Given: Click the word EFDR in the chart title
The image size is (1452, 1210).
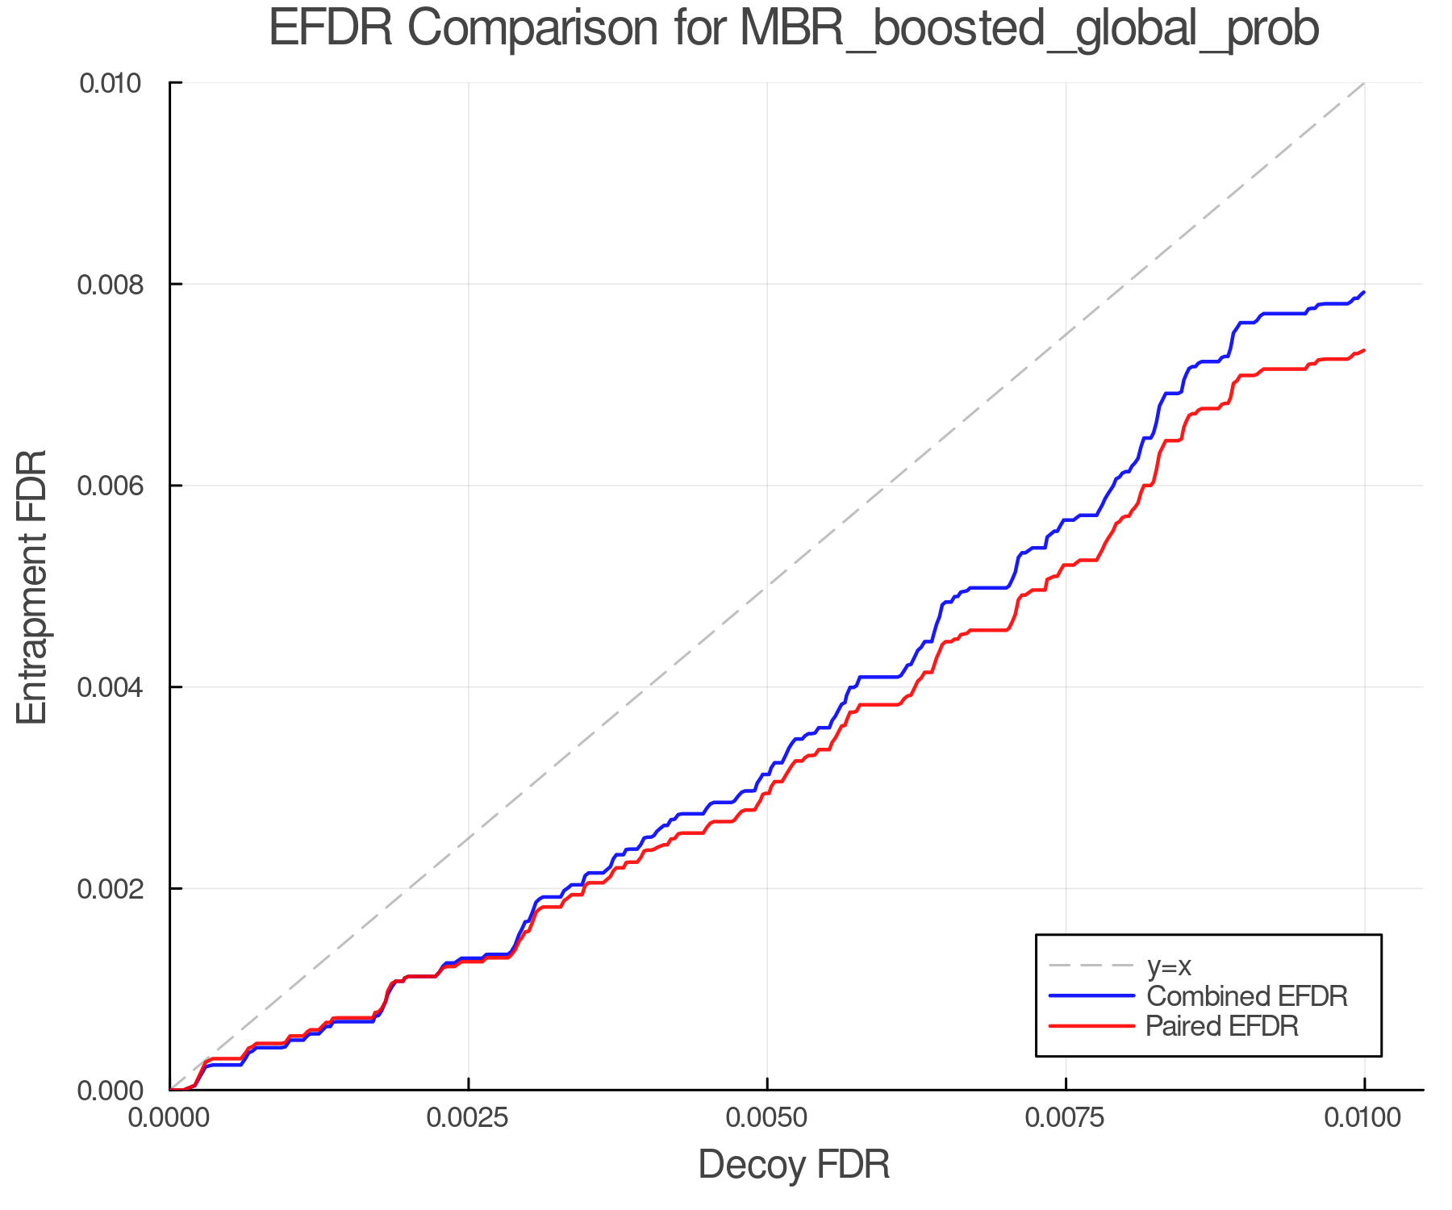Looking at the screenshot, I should [x=331, y=28].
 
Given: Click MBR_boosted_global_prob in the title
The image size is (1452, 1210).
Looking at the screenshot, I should [x=1028, y=30].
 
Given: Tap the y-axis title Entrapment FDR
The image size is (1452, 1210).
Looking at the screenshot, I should [x=32, y=586].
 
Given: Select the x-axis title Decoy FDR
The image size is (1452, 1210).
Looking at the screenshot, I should [x=794, y=1164].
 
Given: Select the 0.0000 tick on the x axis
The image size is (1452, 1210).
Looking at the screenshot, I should [x=169, y=1118].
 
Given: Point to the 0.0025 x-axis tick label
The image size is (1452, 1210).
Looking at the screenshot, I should [x=468, y=1118].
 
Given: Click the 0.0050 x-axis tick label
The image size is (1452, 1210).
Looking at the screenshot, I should [x=766, y=1118].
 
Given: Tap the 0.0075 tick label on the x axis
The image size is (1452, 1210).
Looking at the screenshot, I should [x=1066, y=1118].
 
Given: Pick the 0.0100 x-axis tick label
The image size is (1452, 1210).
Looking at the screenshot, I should [x=1363, y=1118].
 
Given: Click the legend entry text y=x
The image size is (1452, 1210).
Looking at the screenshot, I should [x=1169, y=966].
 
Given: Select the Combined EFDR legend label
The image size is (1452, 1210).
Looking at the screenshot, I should [x=1246, y=996].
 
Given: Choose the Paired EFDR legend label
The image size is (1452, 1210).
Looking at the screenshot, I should [x=1222, y=1026].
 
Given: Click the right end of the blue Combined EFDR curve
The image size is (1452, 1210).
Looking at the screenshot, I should [x=1363, y=293].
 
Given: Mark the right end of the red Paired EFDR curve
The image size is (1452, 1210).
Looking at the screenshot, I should [x=1363, y=350].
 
